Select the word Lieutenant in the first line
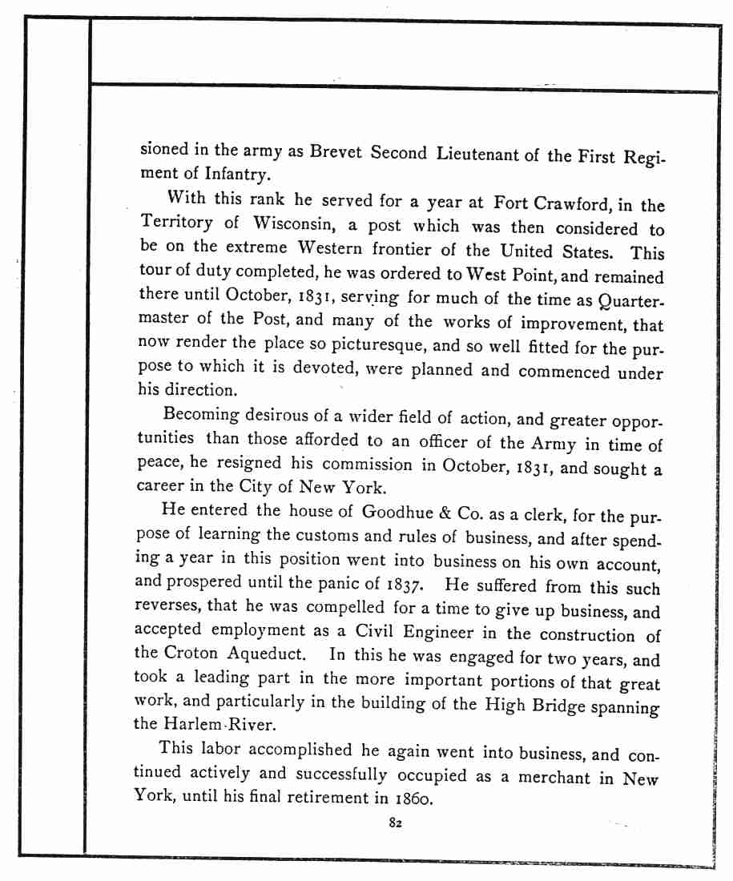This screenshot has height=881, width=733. [478, 154]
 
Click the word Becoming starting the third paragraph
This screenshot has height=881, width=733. [200, 415]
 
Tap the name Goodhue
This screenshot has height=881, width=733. [398, 511]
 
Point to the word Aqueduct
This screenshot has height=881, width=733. [270, 653]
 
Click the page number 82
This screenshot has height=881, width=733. [394, 823]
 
